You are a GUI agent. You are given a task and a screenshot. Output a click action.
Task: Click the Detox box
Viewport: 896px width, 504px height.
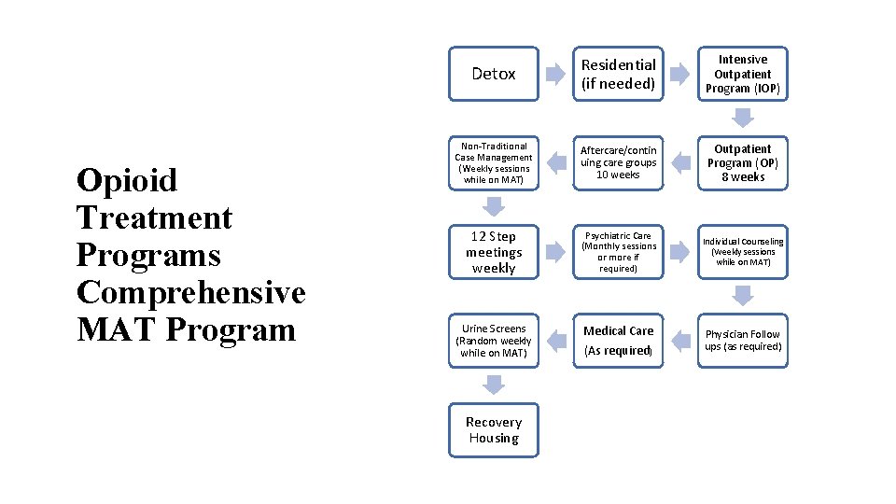(494, 74)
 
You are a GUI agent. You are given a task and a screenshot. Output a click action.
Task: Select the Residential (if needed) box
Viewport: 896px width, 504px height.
(618, 74)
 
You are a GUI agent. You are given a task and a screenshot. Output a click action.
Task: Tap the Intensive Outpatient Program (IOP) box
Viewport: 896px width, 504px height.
(743, 74)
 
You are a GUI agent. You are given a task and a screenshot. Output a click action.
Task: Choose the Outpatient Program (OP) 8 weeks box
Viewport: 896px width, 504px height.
(743, 162)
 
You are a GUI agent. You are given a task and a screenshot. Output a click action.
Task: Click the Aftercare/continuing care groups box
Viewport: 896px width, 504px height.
(618, 162)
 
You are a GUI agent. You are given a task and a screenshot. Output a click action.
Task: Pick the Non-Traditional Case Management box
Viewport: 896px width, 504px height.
(494, 162)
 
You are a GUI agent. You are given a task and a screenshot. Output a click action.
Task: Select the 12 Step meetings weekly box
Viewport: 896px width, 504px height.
(494, 252)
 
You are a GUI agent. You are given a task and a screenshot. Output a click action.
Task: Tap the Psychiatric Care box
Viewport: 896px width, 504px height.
(618, 252)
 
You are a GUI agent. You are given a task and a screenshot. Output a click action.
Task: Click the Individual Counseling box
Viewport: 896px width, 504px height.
(743, 252)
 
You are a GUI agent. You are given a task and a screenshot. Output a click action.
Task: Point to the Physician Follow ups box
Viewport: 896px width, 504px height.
(743, 341)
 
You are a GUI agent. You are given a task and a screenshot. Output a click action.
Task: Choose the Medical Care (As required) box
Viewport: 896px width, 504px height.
(618, 341)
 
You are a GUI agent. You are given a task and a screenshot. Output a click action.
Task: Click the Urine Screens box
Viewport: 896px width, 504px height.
(494, 341)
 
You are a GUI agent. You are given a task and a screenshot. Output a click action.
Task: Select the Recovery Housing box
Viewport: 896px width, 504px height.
(494, 430)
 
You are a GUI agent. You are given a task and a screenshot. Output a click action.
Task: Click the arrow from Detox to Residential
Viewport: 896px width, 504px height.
(556, 74)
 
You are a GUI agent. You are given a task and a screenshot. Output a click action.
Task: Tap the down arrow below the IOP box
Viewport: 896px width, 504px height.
(743, 119)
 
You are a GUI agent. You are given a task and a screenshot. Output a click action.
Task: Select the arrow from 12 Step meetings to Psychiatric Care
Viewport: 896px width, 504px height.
(556, 252)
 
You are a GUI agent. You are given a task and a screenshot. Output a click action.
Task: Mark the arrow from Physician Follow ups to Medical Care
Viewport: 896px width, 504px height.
(680, 341)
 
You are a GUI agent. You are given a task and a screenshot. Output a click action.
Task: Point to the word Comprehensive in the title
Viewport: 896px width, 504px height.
(191, 292)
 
